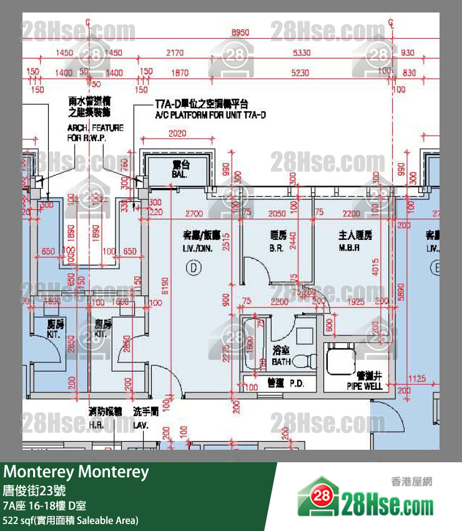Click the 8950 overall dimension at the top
coord(240,32)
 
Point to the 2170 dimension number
coord(175,54)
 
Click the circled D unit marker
coord(194,267)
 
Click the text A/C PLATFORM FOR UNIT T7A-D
coord(210,116)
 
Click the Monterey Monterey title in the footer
coord(76,472)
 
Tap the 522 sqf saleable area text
coord(71,520)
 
